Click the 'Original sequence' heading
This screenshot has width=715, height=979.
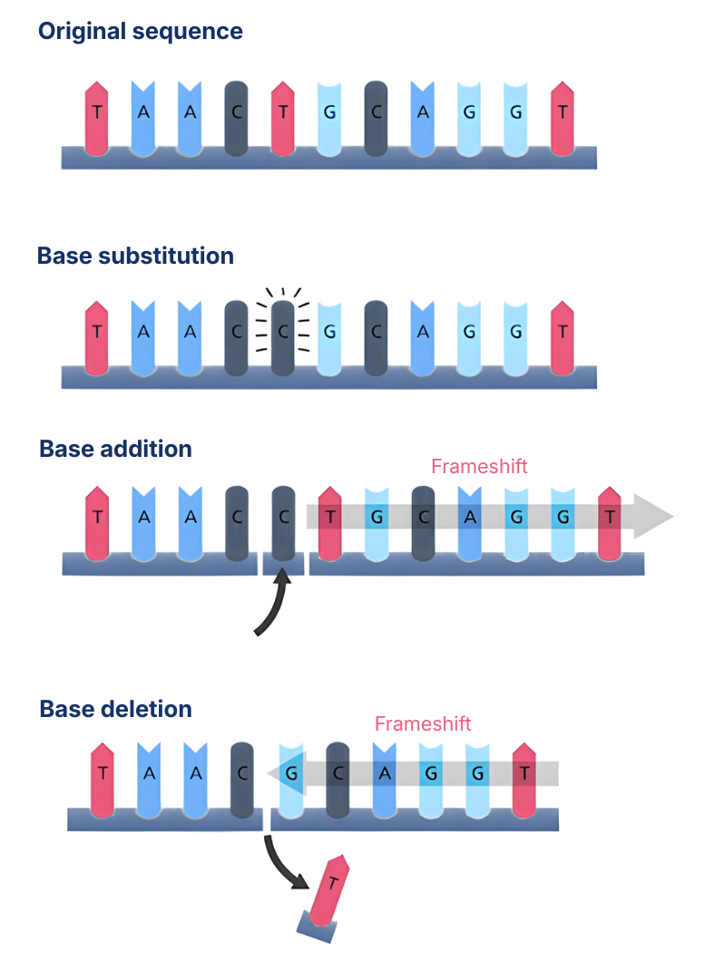(x=140, y=32)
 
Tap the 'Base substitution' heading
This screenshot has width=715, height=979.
(x=135, y=256)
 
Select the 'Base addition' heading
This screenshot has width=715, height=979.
(x=115, y=449)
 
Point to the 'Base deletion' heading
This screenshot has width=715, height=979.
(x=115, y=708)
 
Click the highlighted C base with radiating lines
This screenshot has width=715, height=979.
(x=283, y=332)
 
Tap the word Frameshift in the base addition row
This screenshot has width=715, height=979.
(x=479, y=467)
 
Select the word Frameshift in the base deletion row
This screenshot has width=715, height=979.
(x=423, y=724)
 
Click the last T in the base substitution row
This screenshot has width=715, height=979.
(x=563, y=333)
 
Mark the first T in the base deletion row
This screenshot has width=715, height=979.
(x=103, y=775)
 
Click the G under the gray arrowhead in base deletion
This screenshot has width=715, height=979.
(x=291, y=775)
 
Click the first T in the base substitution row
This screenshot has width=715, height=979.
(x=96, y=333)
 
